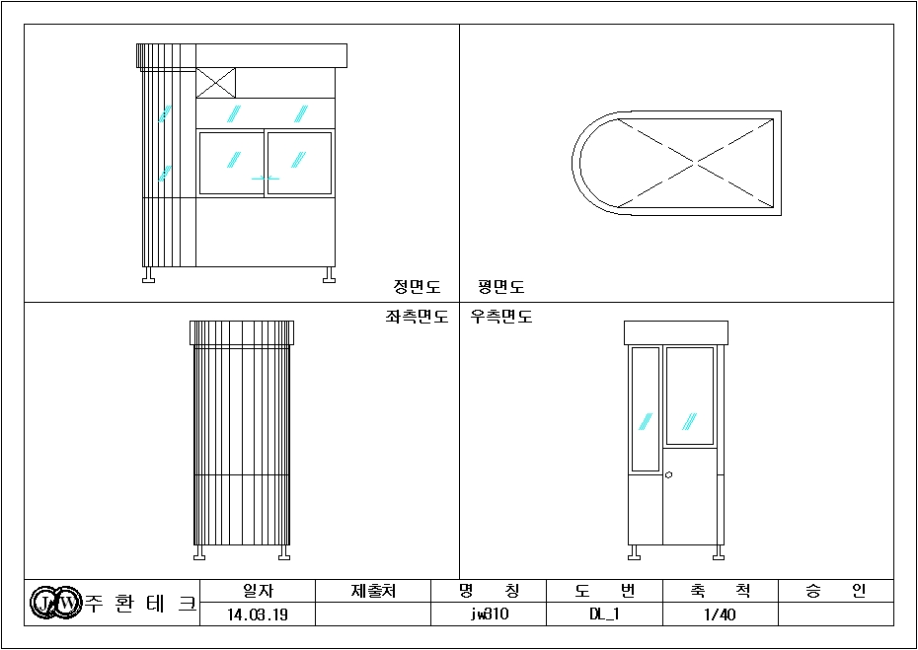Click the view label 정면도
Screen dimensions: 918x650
[x=417, y=287]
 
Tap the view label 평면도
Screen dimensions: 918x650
[x=501, y=287]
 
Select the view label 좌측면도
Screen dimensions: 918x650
[x=417, y=317]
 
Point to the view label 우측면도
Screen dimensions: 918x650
[x=501, y=317]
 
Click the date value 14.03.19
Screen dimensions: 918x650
[x=258, y=614]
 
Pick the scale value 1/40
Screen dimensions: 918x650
[x=721, y=614]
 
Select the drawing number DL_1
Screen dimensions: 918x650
[x=605, y=614]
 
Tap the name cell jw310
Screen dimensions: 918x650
[x=489, y=614]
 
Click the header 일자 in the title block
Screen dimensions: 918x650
[x=258, y=591]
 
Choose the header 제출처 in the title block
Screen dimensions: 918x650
[x=373, y=591]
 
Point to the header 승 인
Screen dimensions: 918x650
[x=836, y=591]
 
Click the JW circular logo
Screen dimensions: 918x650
[x=54, y=602]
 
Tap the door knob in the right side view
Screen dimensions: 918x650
[x=669, y=474]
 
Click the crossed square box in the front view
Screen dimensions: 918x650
[x=215, y=83]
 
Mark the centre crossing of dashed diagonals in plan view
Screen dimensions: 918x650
[x=696, y=163]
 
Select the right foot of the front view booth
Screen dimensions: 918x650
[x=329, y=275]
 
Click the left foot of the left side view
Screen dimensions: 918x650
[x=199, y=553]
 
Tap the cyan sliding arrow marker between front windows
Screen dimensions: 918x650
[x=266, y=178]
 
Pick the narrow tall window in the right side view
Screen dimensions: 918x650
[x=646, y=409]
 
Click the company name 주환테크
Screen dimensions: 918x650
[x=140, y=602]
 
